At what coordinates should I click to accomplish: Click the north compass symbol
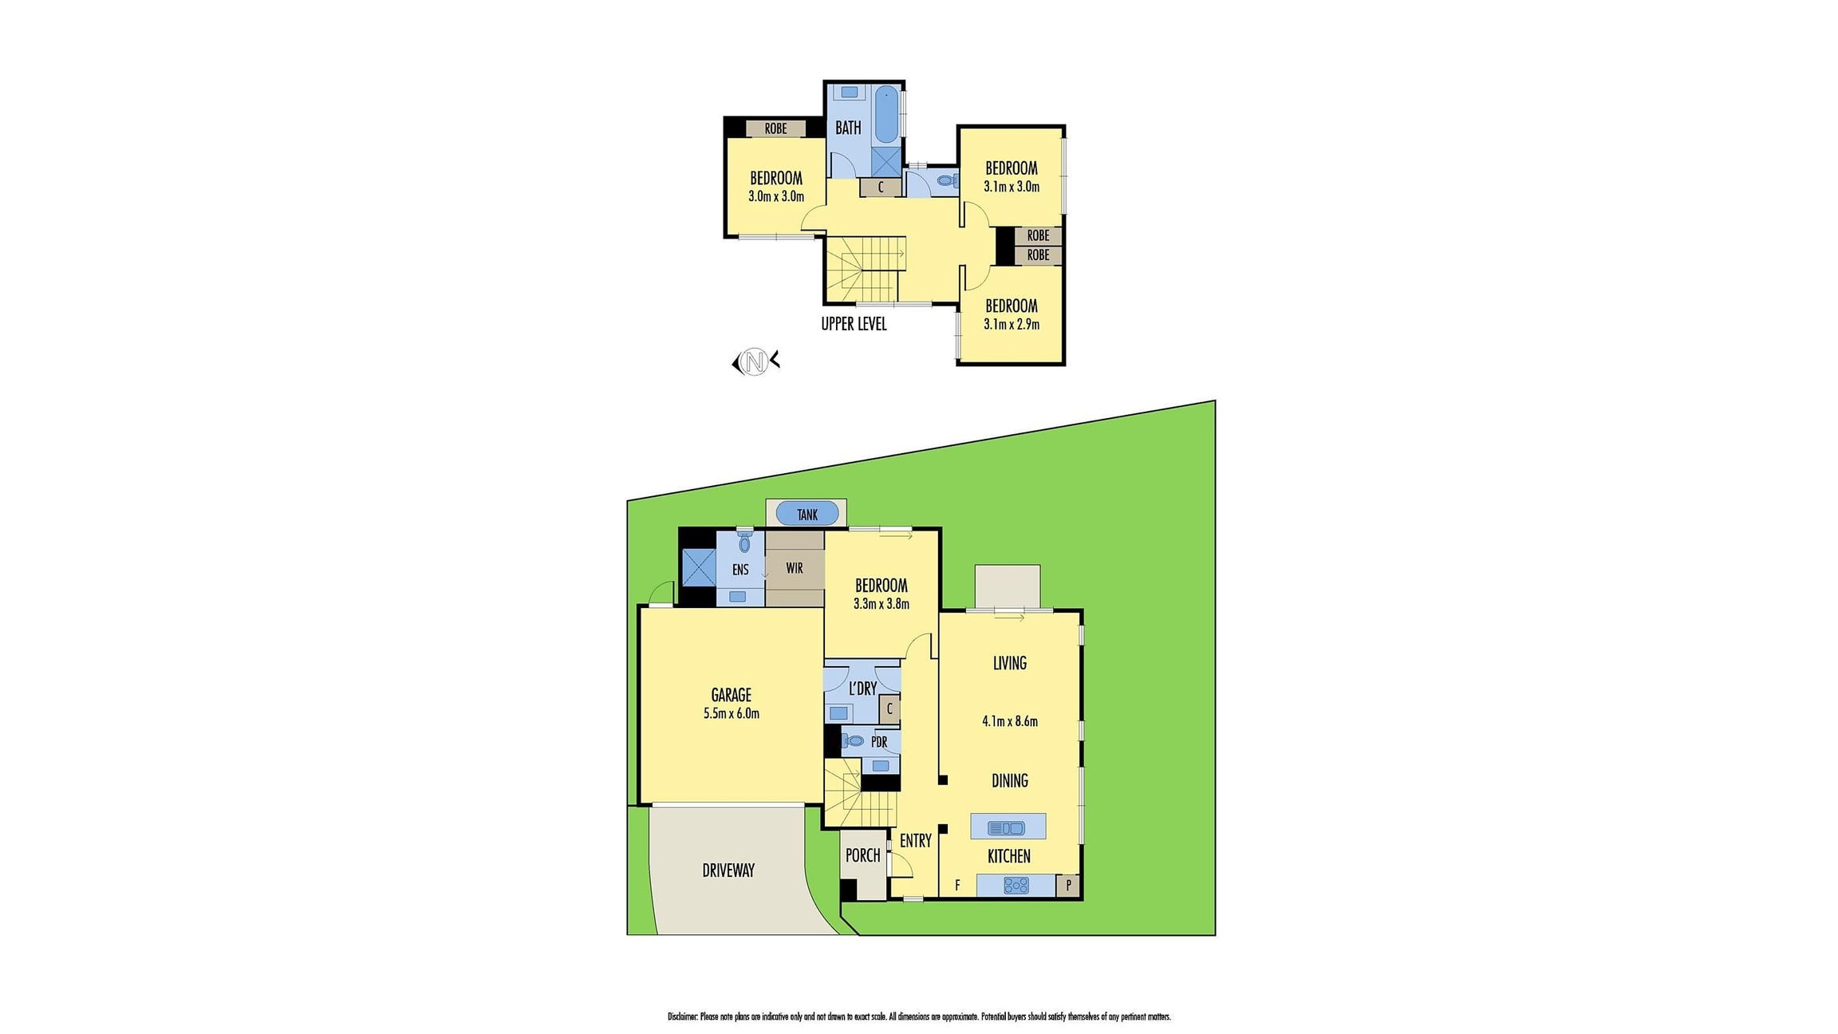tap(755, 362)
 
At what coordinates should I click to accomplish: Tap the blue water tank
tap(807, 514)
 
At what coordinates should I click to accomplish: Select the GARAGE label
tap(731, 695)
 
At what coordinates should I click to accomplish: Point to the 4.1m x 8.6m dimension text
tap(1009, 721)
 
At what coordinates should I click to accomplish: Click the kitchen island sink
tap(1007, 827)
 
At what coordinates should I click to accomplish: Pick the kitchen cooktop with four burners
tap(1016, 885)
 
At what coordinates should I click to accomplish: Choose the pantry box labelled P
tap(1068, 885)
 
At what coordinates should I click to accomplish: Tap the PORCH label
tap(862, 855)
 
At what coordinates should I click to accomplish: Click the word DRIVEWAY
tap(728, 870)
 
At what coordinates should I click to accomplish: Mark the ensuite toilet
tap(744, 543)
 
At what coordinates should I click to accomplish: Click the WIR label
tap(795, 568)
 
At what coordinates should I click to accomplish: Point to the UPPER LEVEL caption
tap(854, 324)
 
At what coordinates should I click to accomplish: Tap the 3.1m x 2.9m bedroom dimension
tap(1011, 324)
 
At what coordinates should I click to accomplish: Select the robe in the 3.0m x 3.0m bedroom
tap(775, 128)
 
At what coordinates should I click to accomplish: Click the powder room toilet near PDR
tap(854, 741)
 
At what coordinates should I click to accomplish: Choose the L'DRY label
tap(862, 689)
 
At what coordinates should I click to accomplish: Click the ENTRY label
tap(915, 840)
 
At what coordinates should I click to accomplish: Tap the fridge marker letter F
tap(957, 885)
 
